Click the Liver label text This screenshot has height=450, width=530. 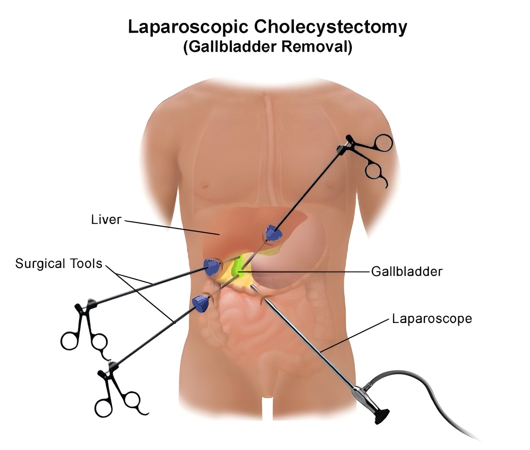point(106,220)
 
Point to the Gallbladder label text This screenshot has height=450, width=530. point(407,272)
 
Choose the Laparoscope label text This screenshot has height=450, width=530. point(432,319)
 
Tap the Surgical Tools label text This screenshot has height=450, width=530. point(59,264)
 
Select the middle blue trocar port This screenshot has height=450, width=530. point(212,266)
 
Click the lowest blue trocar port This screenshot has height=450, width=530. point(201,304)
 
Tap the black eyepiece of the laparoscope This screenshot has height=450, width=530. point(382,417)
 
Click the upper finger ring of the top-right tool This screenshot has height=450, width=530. point(383,143)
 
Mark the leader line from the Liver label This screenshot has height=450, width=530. point(172,228)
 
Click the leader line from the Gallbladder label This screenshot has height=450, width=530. point(305,272)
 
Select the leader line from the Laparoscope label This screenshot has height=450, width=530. point(354,335)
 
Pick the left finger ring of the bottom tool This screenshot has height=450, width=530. point(103,408)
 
